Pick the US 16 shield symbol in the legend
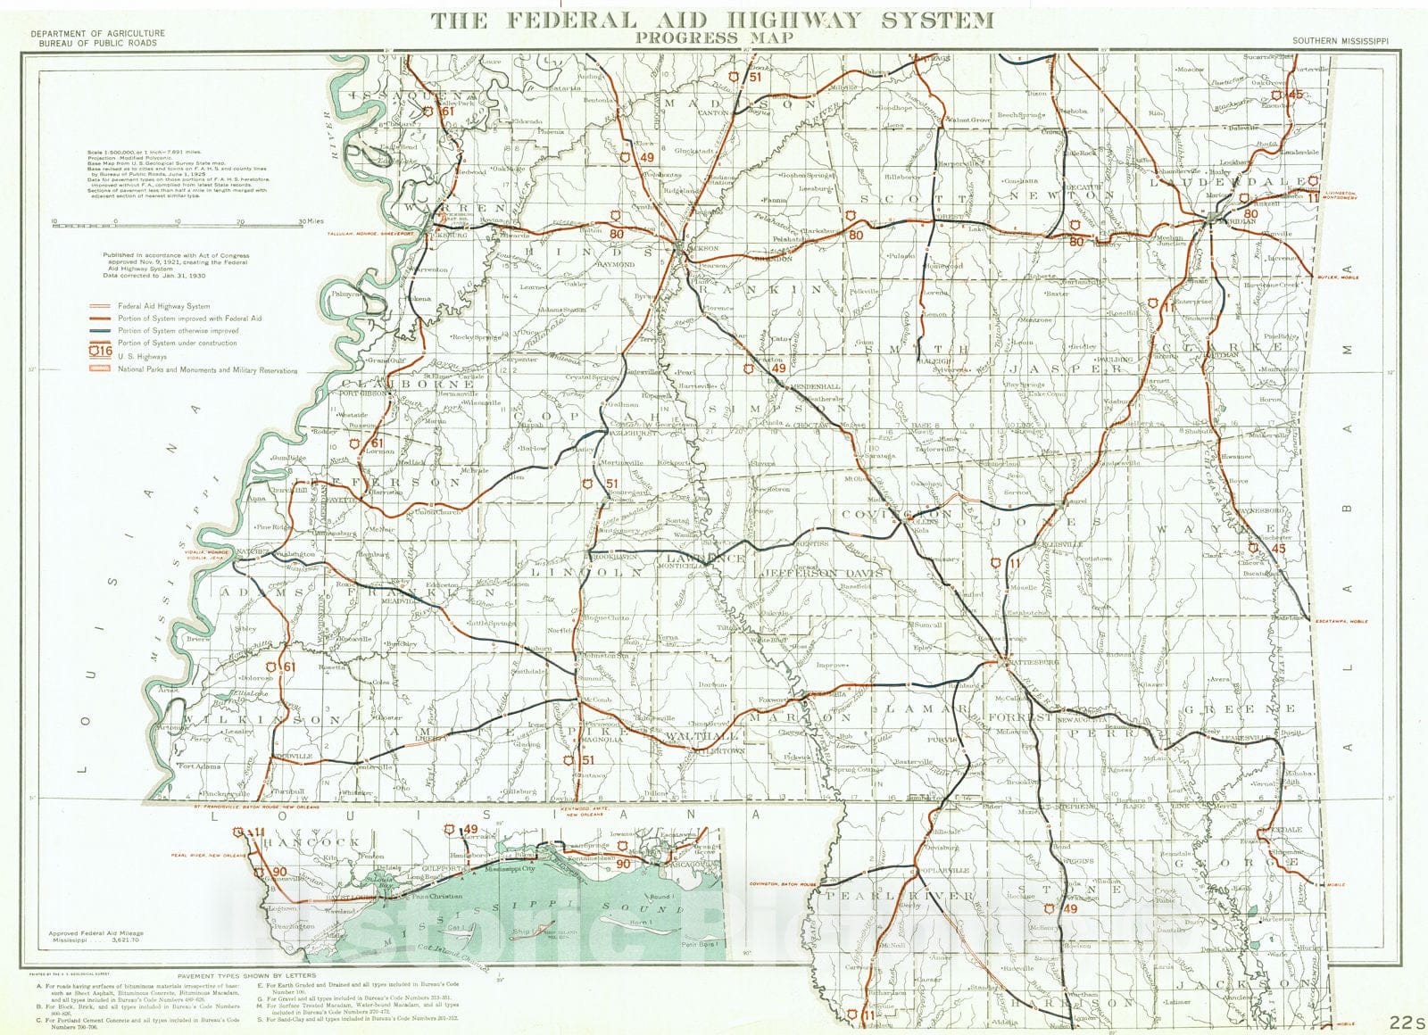point(103,353)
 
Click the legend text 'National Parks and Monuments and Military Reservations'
point(207,369)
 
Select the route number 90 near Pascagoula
point(624,863)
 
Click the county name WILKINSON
point(262,718)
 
